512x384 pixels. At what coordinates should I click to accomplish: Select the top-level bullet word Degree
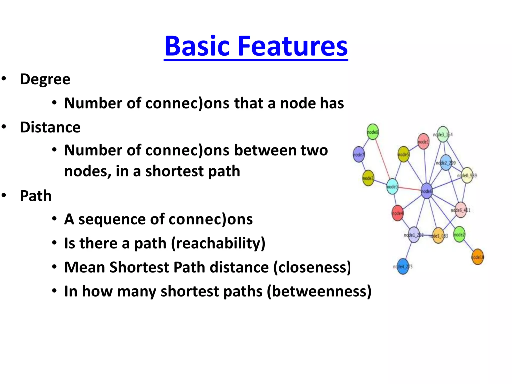pos(45,79)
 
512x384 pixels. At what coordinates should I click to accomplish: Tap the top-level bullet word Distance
pos(50,127)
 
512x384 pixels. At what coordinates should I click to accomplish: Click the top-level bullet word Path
pos(35,196)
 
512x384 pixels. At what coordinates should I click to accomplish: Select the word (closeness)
pos(312,267)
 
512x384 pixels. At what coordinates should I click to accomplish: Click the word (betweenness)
pos(319,291)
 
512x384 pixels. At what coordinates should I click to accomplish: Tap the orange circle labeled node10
pos(477,257)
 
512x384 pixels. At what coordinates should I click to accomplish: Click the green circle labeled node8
pos(372,132)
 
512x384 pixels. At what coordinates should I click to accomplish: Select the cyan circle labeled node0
pos(392,186)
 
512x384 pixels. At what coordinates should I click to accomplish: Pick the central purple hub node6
pos(426,191)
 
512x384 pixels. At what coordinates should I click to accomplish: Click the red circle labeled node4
pos(397,213)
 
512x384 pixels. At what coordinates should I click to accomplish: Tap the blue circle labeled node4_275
pos(403,266)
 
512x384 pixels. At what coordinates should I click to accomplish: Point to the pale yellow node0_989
pos(467,175)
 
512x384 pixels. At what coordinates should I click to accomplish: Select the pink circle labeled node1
pos(423,141)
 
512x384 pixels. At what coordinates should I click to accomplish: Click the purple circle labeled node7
pos(359,154)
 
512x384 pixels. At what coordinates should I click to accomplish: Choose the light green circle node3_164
pos(443,134)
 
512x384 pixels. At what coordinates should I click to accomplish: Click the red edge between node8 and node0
pos(382,160)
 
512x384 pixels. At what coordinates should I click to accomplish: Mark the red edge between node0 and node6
pos(409,188)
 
